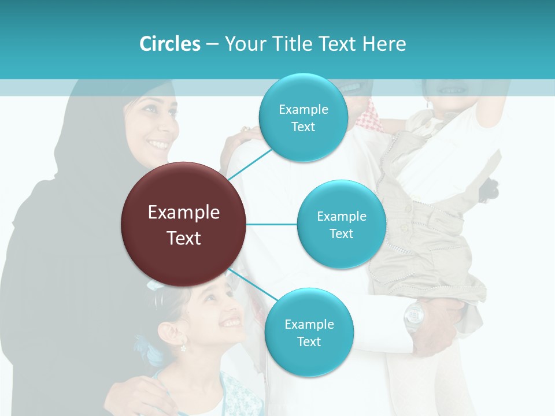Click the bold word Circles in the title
coord(169,44)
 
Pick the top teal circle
coord(303,118)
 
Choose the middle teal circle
coord(341,224)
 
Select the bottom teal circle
coord(309,333)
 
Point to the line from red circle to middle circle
coord(272,224)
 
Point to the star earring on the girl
coord(183,348)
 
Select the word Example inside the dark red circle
coord(184,212)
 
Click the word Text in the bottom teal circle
coord(309,341)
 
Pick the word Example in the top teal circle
coord(303,109)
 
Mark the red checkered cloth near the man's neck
coord(370,118)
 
